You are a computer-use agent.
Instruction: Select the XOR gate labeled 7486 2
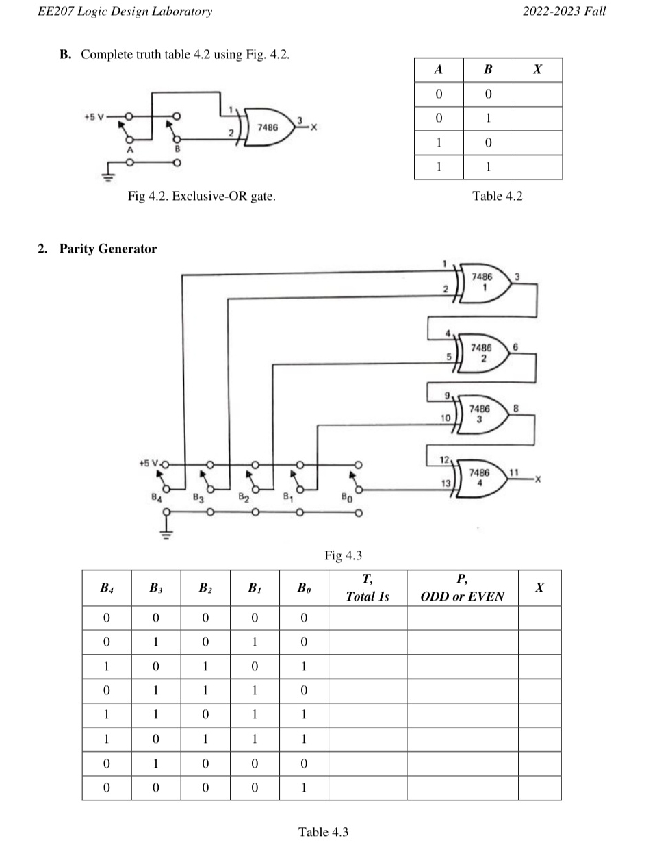click(x=483, y=353)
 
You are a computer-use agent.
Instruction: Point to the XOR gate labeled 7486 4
click(x=480, y=477)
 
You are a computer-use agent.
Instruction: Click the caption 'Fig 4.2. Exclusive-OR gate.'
click(x=202, y=197)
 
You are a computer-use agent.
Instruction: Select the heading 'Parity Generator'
click(x=107, y=249)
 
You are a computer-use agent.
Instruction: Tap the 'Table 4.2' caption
click(x=497, y=196)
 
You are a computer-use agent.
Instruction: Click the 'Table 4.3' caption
click(x=323, y=832)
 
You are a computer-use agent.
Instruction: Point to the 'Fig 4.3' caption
click(x=343, y=555)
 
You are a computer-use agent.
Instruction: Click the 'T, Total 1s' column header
click(x=368, y=588)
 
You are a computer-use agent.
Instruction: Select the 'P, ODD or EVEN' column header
click(x=462, y=588)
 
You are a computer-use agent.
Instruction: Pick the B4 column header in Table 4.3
click(x=107, y=588)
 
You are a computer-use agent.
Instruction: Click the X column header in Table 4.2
click(x=537, y=69)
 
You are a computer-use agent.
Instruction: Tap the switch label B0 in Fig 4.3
click(x=347, y=498)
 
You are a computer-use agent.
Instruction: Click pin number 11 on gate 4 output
click(x=515, y=472)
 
